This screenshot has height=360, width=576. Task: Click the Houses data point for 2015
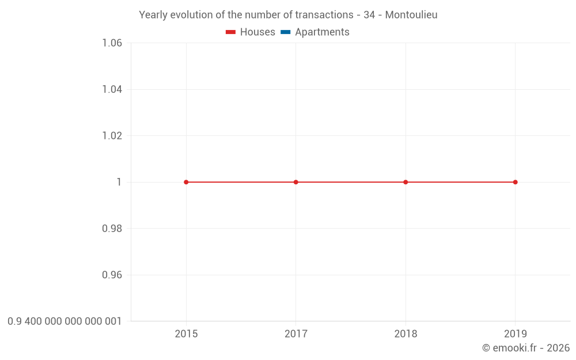tap(186, 182)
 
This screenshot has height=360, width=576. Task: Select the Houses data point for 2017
tap(296, 182)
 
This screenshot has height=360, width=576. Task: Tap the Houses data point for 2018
tap(406, 182)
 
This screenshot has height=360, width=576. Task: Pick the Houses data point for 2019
tap(515, 182)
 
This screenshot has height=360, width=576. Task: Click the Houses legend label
tap(257, 32)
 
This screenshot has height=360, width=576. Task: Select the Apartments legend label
tap(322, 32)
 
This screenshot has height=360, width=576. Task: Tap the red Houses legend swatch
tap(231, 32)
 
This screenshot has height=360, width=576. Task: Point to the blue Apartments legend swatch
tap(286, 32)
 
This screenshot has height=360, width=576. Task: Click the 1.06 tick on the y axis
tap(112, 43)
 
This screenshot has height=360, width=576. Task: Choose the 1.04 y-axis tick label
tap(112, 89)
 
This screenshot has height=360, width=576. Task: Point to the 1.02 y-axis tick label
tap(112, 136)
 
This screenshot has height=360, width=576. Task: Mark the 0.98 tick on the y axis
tap(112, 229)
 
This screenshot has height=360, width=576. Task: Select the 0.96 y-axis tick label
tap(112, 275)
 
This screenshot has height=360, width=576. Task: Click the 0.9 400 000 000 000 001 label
tap(65, 321)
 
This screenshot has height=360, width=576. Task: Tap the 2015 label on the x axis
tap(186, 334)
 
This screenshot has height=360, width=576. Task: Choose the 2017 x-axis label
tap(296, 334)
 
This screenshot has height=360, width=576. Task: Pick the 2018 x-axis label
tap(406, 334)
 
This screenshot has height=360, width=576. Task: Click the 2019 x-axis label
tap(515, 334)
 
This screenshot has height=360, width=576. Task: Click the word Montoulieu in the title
tap(411, 15)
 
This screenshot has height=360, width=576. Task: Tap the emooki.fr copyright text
tap(526, 348)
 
